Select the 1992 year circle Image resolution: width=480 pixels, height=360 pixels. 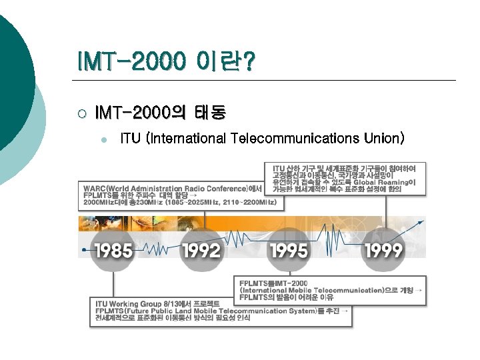(201, 251)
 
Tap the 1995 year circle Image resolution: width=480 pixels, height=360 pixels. (289, 251)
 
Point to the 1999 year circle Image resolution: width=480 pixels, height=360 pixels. (383, 251)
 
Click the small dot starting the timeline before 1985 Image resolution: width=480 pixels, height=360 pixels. (83, 250)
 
